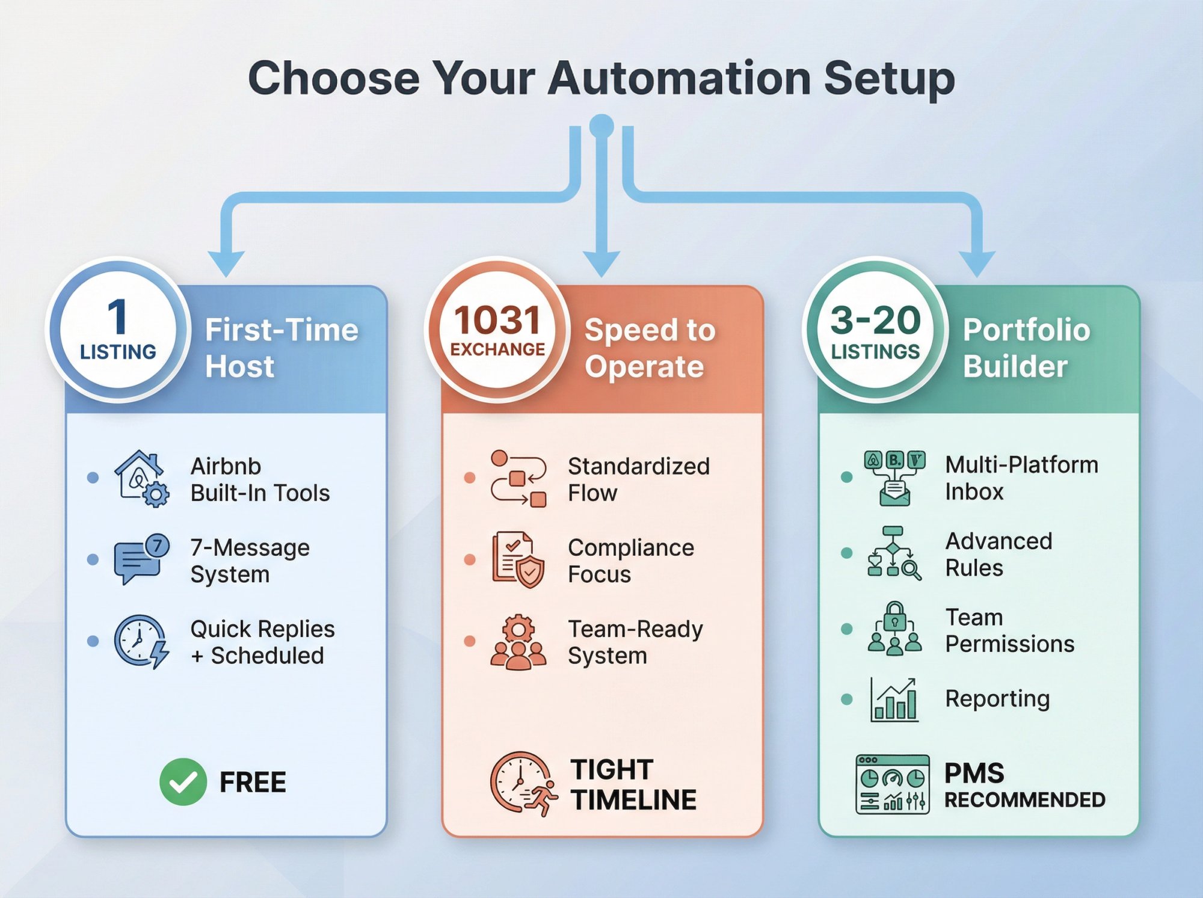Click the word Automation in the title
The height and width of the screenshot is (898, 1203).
point(679,78)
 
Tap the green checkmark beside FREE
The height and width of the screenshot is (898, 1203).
point(183,781)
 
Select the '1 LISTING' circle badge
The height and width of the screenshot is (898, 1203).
point(118,329)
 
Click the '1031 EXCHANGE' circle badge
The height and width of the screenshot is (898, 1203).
point(497,329)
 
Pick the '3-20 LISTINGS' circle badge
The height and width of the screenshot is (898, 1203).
point(875,329)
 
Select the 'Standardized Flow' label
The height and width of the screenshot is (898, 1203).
point(638,479)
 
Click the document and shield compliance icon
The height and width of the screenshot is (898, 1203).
point(518,559)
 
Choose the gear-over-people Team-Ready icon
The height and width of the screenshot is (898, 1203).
point(518,642)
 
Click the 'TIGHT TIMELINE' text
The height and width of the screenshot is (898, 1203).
point(633,784)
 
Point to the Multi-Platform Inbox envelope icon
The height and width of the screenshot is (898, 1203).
point(894,478)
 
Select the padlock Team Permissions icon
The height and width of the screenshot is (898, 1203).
point(894,629)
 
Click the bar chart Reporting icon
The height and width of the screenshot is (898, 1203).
point(894,699)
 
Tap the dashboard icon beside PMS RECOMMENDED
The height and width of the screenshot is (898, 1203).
point(892,784)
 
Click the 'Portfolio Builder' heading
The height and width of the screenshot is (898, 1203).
point(1026,348)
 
